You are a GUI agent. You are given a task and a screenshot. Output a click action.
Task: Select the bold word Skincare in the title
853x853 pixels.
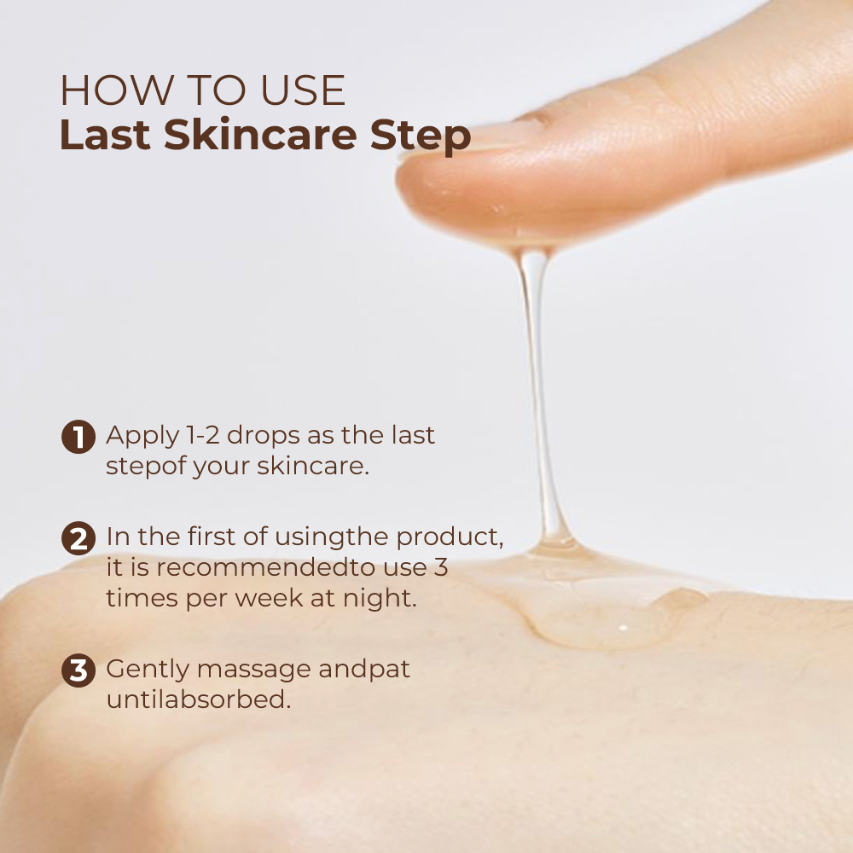(x=260, y=134)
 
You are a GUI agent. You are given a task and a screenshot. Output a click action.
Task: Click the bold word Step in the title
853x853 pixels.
(x=421, y=136)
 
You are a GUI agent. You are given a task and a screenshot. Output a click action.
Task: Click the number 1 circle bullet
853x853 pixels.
(x=78, y=436)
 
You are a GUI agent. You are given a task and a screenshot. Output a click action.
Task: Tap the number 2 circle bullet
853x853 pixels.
(x=78, y=538)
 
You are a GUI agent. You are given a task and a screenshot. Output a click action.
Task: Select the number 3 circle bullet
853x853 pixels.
(x=78, y=670)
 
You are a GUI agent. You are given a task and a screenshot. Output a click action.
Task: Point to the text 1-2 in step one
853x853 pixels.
(x=202, y=435)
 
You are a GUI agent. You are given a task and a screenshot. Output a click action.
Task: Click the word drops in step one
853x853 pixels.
(x=263, y=436)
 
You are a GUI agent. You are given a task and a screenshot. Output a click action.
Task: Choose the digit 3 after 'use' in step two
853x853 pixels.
(x=441, y=567)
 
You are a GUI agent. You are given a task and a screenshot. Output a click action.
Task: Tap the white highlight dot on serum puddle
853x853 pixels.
(x=624, y=629)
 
